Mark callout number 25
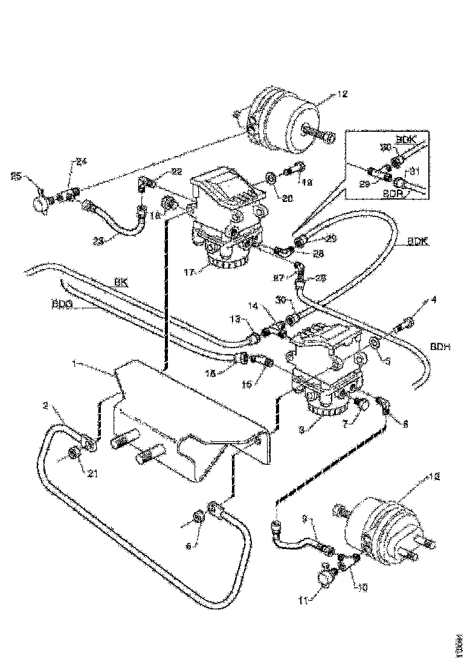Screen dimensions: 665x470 17,177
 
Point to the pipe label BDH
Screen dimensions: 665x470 439,346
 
